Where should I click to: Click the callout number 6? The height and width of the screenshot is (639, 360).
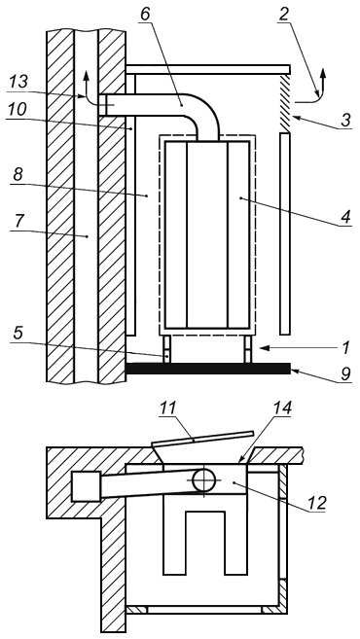[145, 13]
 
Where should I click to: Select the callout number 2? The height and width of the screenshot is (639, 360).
[284, 14]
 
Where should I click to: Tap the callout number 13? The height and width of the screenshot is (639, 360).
[18, 82]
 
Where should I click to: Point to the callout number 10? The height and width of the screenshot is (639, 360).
[18, 109]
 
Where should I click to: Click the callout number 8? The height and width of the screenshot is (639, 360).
[18, 174]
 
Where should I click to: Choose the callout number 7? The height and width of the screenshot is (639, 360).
[18, 222]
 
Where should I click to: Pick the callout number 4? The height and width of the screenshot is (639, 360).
[345, 217]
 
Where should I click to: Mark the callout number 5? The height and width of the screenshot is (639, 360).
[18, 333]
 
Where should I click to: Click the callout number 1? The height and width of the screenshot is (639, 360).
[346, 347]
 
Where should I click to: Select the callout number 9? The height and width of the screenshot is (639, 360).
[345, 373]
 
